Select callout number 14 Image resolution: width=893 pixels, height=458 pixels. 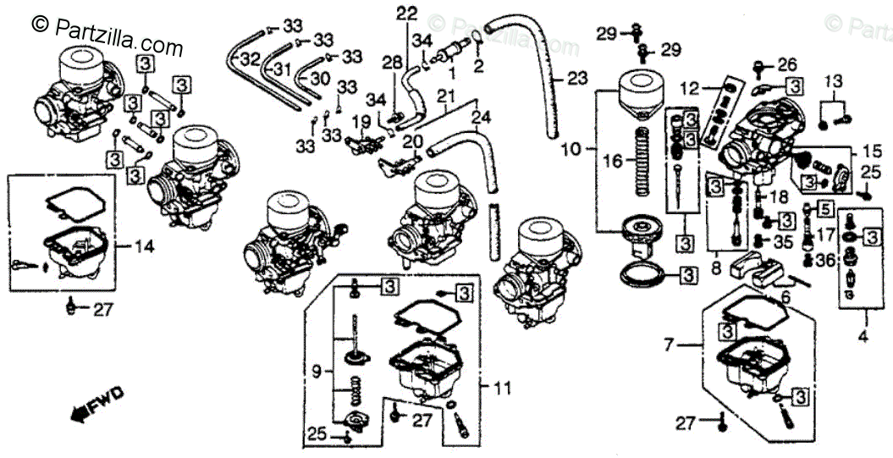[x=145, y=246]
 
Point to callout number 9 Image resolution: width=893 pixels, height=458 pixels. [x=316, y=370]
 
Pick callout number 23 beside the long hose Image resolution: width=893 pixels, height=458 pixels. [x=576, y=80]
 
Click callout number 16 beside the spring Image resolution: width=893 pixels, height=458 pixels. [x=612, y=159]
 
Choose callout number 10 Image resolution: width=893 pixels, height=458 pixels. [x=571, y=149]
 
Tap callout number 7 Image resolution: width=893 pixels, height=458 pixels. [x=670, y=345]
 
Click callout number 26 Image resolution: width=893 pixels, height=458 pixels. [x=787, y=64]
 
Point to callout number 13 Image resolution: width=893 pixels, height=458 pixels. [x=834, y=81]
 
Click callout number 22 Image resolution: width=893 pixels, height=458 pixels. [x=407, y=14]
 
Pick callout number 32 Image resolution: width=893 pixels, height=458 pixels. [x=249, y=59]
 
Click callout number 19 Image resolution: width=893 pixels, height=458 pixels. [x=361, y=120]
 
